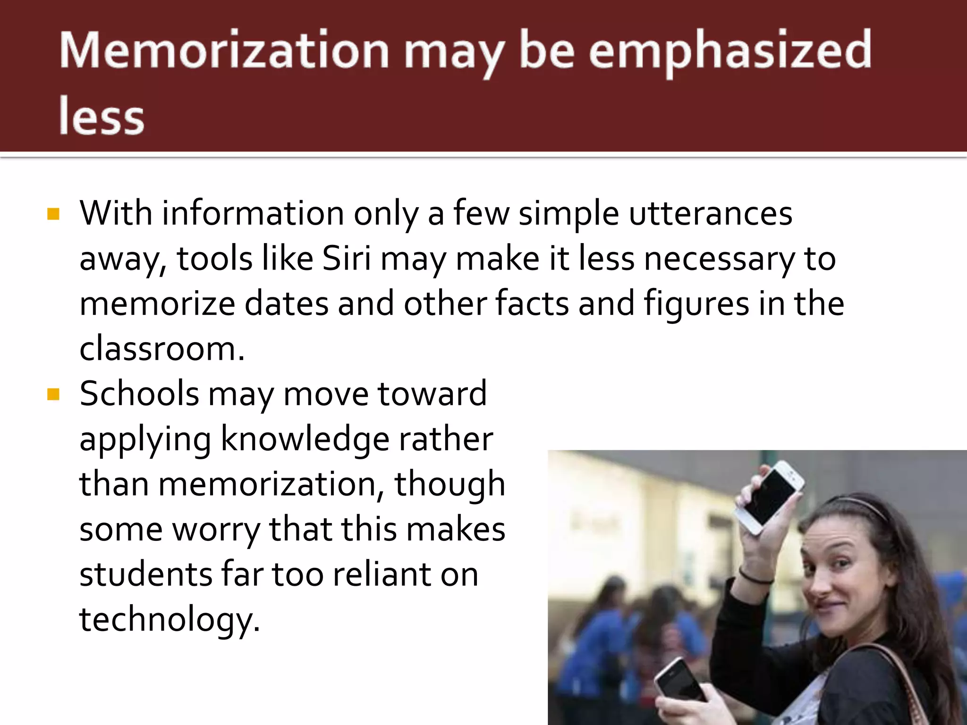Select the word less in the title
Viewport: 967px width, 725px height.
(101, 116)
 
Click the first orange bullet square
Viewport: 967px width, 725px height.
(53, 214)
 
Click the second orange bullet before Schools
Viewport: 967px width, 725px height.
(53, 394)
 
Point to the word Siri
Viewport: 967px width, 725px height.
(347, 259)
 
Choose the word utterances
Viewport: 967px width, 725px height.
(711, 213)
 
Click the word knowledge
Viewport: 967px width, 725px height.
(305, 439)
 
